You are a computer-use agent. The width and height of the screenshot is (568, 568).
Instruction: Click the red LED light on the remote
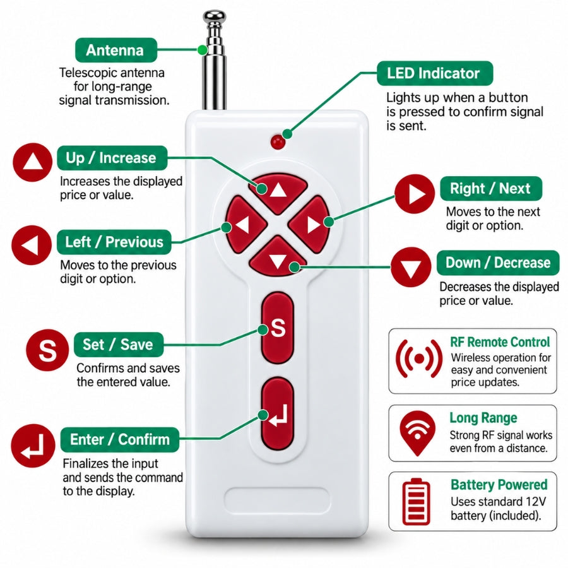(278, 143)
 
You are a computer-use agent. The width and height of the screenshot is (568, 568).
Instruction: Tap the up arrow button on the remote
(278, 192)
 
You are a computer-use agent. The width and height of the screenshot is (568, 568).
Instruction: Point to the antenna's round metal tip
(215, 16)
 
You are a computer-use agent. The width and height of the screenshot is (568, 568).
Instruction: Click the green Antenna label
(116, 50)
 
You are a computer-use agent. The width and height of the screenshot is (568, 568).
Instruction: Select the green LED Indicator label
(435, 74)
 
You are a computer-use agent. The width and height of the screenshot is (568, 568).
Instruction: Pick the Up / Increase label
(112, 158)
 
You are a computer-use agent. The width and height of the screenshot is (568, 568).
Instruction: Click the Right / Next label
(491, 188)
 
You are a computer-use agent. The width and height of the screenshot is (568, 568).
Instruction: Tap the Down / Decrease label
(498, 263)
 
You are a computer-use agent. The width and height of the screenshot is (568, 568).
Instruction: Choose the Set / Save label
(119, 345)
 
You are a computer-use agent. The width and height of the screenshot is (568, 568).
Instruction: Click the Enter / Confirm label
(119, 440)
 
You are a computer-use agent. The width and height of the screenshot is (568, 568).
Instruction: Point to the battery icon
(417, 502)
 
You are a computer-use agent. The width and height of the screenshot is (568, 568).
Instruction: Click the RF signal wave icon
(419, 358)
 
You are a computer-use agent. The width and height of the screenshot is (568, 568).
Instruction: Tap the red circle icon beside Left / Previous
(32, 246)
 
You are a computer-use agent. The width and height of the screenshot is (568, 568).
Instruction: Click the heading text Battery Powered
(499, 485)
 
